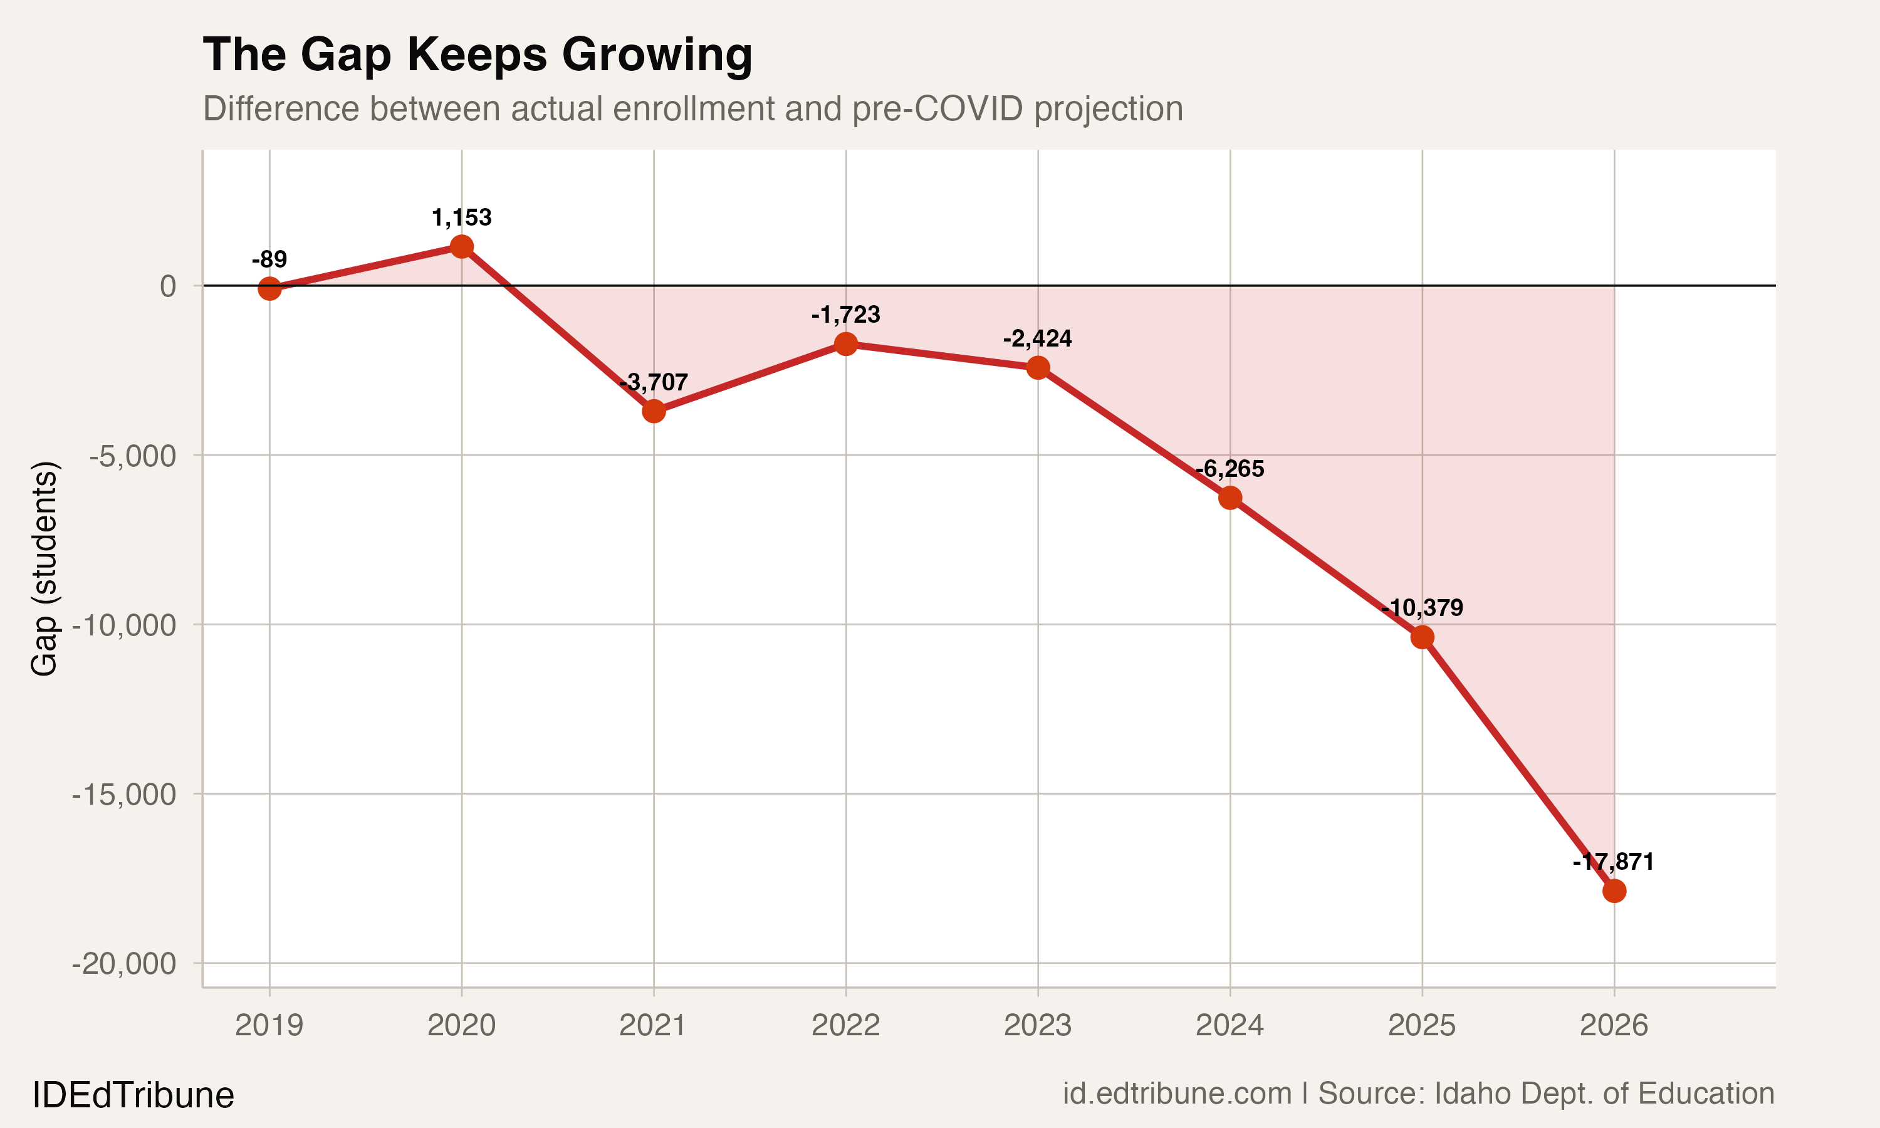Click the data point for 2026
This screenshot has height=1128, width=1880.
1614,891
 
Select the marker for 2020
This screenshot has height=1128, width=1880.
461,246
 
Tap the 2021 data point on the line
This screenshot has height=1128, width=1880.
654,411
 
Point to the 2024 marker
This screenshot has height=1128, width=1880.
1230,498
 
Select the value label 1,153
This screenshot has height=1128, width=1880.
461,218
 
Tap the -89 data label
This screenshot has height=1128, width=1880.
269,259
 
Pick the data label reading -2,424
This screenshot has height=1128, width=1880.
1037,339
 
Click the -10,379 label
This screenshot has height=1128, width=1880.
1422,608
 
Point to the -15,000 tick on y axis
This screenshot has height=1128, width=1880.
124,795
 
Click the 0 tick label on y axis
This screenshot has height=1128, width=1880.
168,286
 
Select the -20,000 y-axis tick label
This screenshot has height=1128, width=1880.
124,964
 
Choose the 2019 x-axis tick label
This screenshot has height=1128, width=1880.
269,1025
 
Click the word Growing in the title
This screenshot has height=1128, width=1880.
657,55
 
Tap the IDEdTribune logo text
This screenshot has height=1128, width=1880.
133,1095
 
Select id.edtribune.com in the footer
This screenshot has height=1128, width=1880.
1176,1094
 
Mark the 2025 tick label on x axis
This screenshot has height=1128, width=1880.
1422,1025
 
